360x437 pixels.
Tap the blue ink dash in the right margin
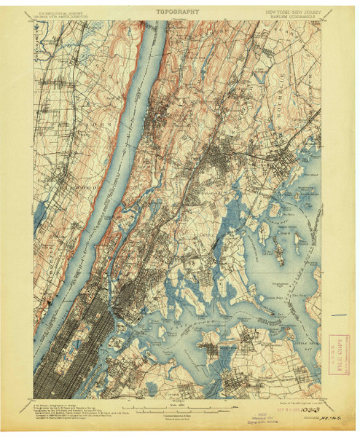tap(337, 315)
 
